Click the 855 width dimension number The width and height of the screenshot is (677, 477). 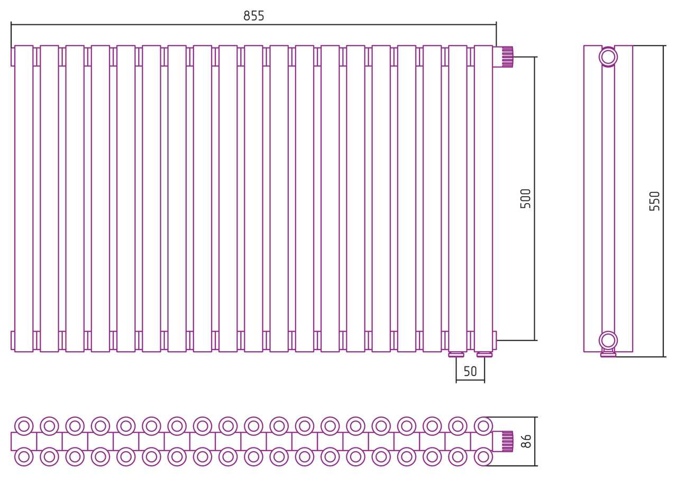pyautogui.click(x=253, y=16)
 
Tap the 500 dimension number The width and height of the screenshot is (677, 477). pyautogui.click(x=526, y=199)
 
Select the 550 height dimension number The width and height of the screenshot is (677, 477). pyautogui.click(x=655, y=201)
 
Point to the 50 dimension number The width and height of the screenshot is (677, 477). pyautogui.click(x=470, y=372)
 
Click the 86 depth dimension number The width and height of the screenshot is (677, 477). pyautogui.click(x=526, y=441)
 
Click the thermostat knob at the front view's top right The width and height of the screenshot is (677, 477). pyautogui.click(x=507, y=57)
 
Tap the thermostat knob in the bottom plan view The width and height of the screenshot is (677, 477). pyautogui.click(x=507, y=442)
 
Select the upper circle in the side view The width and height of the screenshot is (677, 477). pyautogui.click(x=608, y=57)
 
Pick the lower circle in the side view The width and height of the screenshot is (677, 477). pyautogui.click(x=608, y=341)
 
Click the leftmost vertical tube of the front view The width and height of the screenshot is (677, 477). pyautogui.click(x=24, y=199)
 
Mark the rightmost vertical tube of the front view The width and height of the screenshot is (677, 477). pyautogui.click(x=483, y=199)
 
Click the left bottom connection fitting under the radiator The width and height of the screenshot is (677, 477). pyautogui.click(x=456, y=354)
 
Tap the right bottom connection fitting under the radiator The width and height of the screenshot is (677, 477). pyautogui.click(x=484, y=354)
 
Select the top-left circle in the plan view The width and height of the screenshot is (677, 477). pyautogui.click(x=24, y=426)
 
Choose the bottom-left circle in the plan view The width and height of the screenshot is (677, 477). pyautogui.click(x=24, y=456)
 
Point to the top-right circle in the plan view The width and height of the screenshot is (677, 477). pyautogui.click(x=483, y=426)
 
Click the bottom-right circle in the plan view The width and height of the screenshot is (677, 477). pyautogui.click(x=483, y=456)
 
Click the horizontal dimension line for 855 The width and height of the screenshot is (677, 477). pyautogui.click(x=253, y=24)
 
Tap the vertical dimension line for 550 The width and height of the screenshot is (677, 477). pyautogui.click(x=664, y=201)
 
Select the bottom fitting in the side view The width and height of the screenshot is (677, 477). pyautogui.click(x=608, y=354)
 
